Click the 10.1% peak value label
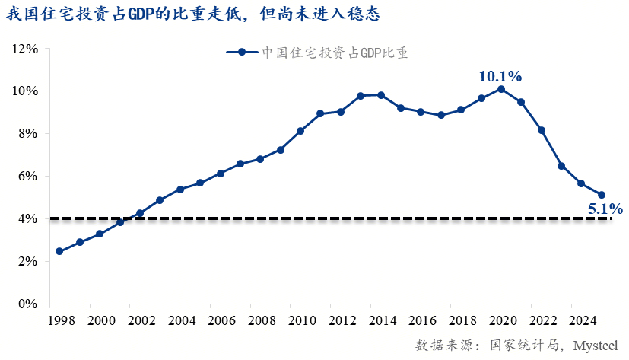coord(500,76)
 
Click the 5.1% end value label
coord(605,209)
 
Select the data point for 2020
coord(501,89)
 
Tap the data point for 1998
coord(59,251)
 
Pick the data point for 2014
coord(381,95)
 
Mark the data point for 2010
coord(300,131)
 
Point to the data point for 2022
coord(542,130)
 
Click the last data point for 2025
coord(602,195)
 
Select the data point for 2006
coord(221,174)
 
